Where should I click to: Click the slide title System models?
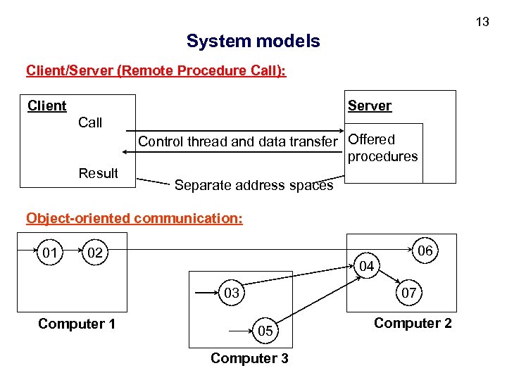(x=253, y=42)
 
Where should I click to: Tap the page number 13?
(x=482, y=22)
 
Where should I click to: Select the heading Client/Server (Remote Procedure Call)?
(x=156, y=71)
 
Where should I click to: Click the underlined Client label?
(x=46, y=106)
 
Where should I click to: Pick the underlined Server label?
(x=369, y=106)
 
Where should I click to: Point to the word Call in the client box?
(x=90, y=122)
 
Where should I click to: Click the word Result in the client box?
(x=98, y=173)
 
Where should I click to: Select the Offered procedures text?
(x=382, y=148)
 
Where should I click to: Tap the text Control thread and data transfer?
(x=238, y=141)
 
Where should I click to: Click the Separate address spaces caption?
(x=254, y=186)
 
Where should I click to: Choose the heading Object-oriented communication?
(x=134, y=218)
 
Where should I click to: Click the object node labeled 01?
(x=50, y=253)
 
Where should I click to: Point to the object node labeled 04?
(x=366, y=266)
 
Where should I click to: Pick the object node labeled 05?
(x=265, y=331)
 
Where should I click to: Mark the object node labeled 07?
(x=408, y=292)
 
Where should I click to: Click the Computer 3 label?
(x=249, y=358)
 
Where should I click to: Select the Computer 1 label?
(x=77, y=324)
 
